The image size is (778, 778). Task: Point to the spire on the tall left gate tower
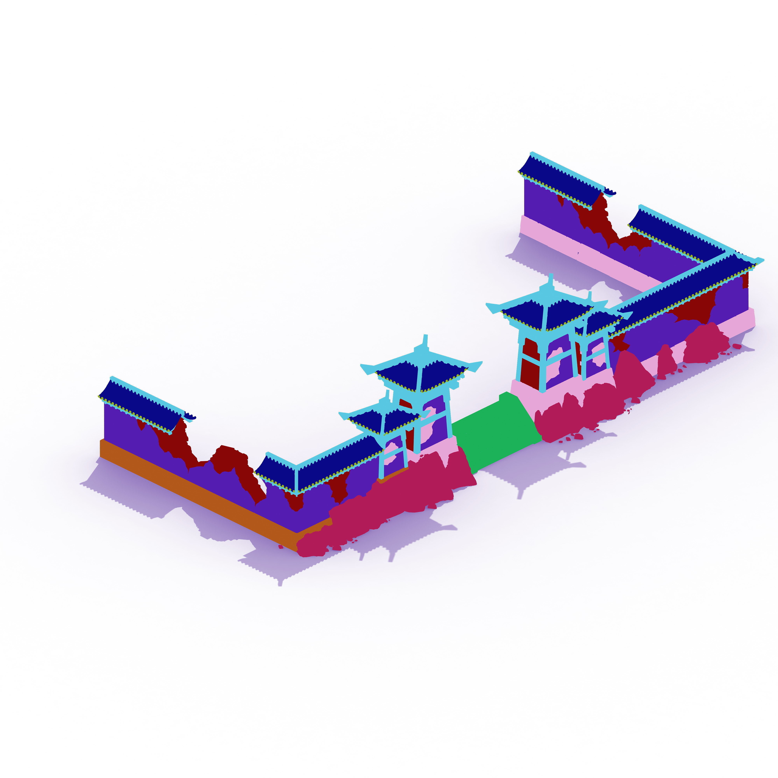pyautogui.click(x=425, y=342)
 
